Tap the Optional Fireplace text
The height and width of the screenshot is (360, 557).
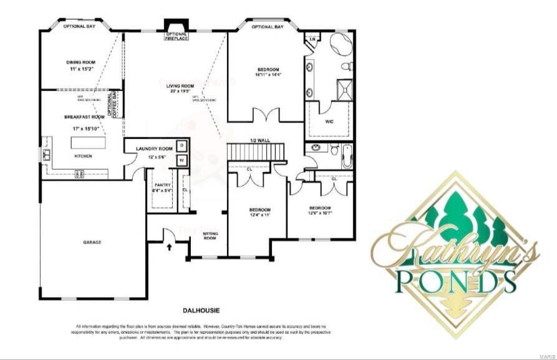[176, 36]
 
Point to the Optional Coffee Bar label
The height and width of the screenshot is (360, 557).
[113, 104]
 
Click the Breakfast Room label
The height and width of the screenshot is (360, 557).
[84, 117]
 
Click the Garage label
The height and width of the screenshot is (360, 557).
[92, 242]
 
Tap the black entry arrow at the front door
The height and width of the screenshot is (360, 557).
[169, 247]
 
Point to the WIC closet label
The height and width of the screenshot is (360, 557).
[330, 122]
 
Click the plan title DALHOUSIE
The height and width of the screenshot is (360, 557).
[202, 310]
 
